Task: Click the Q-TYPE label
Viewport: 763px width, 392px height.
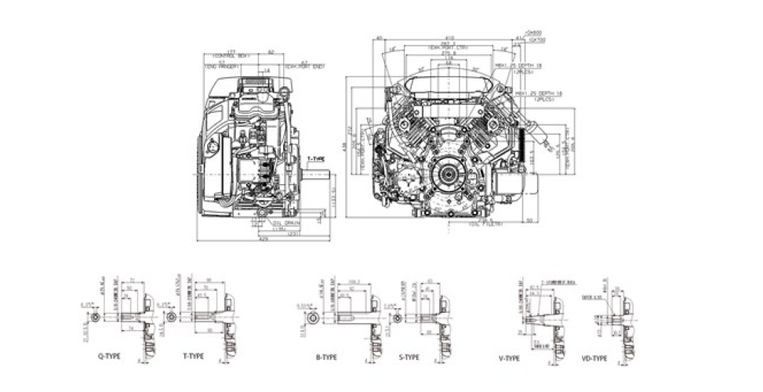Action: tap(110, 356)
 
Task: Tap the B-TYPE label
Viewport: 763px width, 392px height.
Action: tap(326, 357)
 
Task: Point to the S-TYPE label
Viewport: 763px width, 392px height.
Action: tap(409, 357)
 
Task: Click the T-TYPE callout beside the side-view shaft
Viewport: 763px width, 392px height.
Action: tap(316, 158)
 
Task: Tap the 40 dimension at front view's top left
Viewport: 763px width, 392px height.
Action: tap(379, 38)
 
